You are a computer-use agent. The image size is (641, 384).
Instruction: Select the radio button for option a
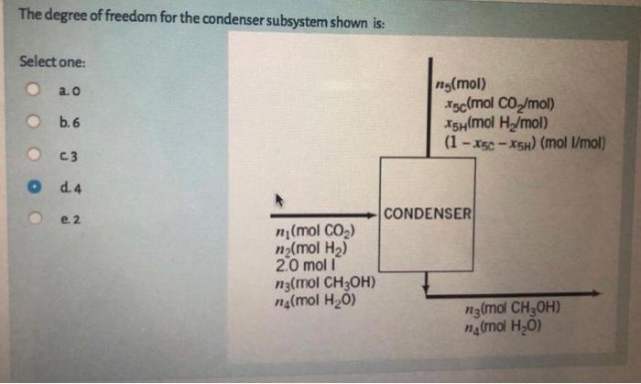point(32,91)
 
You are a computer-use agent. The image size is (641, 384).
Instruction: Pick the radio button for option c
point(32,153)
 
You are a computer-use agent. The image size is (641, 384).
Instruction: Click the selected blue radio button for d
point(32,187)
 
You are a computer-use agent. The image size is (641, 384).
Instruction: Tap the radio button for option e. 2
point(32,219)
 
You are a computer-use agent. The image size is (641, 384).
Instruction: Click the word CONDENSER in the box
point(428,214)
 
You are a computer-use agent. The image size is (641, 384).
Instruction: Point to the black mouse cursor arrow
point(272,199)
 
